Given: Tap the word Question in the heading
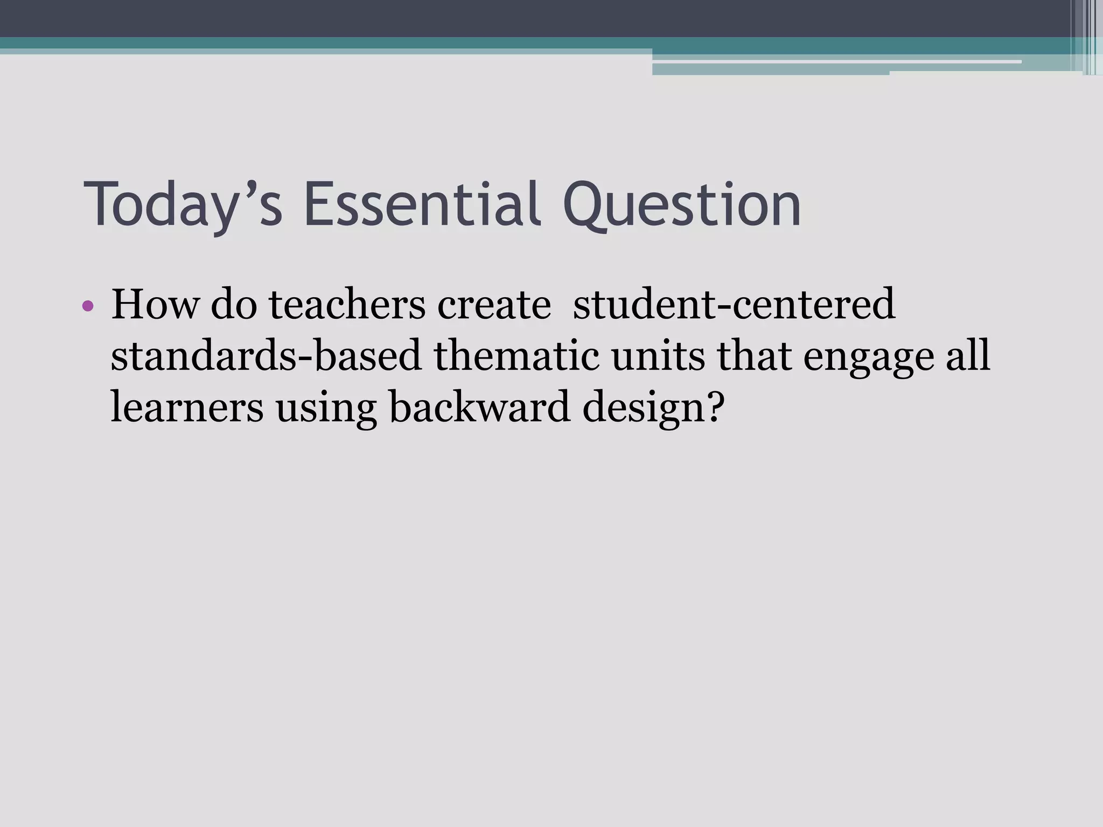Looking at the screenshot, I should (682, 205).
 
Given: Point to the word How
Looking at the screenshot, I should (155, 305).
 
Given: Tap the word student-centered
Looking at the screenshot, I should (734, 305).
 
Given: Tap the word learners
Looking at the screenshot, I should (187, 408).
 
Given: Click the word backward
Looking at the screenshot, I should (479, 408).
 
